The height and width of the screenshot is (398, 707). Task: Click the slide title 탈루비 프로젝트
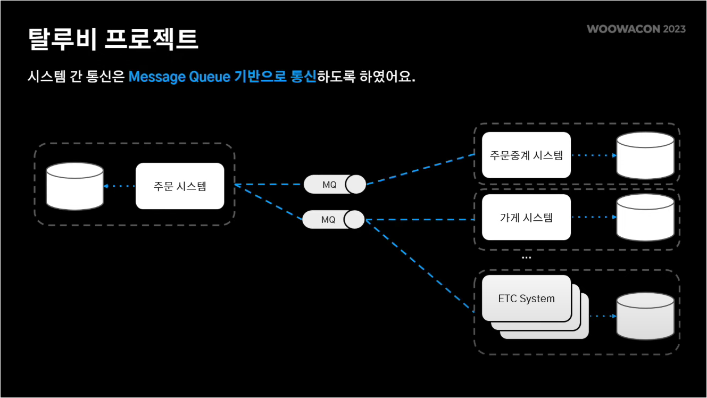tap(113, 39)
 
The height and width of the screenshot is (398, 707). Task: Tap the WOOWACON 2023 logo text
tap(636, 29)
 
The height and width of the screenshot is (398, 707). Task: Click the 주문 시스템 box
tap(180, 186)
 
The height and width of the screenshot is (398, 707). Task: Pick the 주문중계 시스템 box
tap(526, 155)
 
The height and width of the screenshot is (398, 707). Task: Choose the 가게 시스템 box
tap(526, 217)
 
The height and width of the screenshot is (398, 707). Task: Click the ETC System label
tap(526, 298)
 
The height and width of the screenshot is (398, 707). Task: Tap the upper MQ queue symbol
tap(335, 185)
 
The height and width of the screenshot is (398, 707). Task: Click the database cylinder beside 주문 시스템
tap(74, 186)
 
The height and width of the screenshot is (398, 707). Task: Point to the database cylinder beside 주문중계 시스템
tap(645, 155)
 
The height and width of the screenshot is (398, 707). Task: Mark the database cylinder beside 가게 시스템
tap(645, 217)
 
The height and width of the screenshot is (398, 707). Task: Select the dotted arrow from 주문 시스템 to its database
tap(119, 186)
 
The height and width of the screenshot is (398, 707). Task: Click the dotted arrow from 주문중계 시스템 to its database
tap(594, 155)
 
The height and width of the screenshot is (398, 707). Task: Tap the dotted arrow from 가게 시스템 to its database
tap(594, 217)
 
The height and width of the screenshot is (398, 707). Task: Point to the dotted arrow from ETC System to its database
tap(602, 316)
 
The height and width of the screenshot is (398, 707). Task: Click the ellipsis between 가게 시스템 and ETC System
tap(526, 258)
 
